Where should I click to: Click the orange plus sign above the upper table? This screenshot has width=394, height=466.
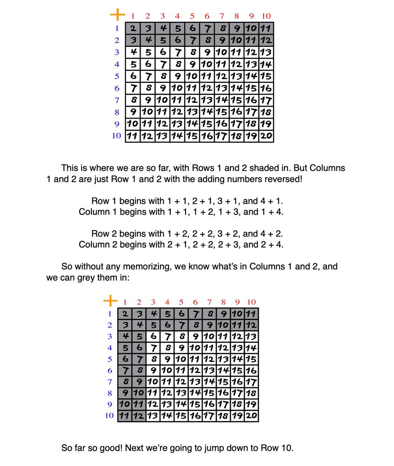point(117,15)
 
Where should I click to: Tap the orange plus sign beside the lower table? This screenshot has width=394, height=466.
point(110,301)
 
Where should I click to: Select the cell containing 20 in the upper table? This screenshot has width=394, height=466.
point(266,136)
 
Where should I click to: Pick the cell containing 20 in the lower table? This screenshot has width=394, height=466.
point(251,416)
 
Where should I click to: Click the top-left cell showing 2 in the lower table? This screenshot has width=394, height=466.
point(125,314)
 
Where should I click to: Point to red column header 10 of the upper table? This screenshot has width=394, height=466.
point(266,16)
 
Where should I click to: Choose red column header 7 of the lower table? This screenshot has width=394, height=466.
point(209,302)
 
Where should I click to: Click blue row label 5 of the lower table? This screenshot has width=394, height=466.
point(110,359)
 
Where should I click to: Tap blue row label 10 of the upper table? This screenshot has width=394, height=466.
point(116,136)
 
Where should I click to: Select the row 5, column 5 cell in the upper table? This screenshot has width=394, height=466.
point(192,76)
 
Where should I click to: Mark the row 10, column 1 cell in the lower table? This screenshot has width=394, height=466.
point(125,416)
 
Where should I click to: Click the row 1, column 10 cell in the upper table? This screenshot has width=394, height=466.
point(266,28)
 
